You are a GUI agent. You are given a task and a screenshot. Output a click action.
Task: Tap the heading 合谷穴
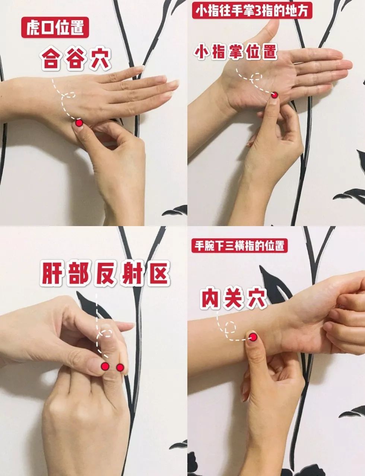coord(76,59)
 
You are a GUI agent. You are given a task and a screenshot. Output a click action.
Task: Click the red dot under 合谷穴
coord(79,123)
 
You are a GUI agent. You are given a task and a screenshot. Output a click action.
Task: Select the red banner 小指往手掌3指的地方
coord(252,12)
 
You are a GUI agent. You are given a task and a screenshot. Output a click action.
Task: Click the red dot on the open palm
coord(274,95)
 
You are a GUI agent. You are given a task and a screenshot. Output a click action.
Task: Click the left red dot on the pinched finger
coord(105,367)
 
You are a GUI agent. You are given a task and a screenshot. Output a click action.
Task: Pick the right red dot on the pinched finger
coord(120,367)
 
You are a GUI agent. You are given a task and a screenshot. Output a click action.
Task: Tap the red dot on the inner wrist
coord(253,337)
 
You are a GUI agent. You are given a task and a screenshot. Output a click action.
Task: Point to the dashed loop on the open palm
coord(257,78)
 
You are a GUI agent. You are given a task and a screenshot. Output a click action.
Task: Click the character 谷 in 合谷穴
coord(76,59)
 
